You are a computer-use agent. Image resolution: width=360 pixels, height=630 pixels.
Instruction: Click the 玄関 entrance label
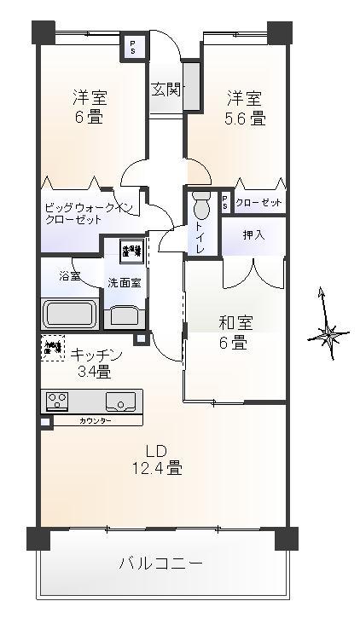[x=165, y=90]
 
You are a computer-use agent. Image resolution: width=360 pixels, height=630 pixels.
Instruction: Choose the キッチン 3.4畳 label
[x=97, y=362]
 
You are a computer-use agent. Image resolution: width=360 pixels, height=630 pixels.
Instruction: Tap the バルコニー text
[x=160, y=564]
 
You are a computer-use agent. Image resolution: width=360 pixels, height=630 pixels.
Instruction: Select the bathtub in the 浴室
[x=71, y=313]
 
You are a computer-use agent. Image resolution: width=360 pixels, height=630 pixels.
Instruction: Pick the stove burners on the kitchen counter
[x=59, y=401]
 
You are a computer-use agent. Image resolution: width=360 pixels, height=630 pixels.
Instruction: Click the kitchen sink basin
[x=120, y=401]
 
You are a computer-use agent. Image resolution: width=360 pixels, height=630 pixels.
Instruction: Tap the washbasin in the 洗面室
[x=125, y=315]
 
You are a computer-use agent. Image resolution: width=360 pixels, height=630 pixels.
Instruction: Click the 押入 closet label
[x=253, y=234]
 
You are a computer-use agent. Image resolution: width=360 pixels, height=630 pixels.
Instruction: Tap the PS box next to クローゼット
[x=224, y=203]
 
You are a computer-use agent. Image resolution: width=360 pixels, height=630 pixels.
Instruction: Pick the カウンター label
[x=94, y=421]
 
